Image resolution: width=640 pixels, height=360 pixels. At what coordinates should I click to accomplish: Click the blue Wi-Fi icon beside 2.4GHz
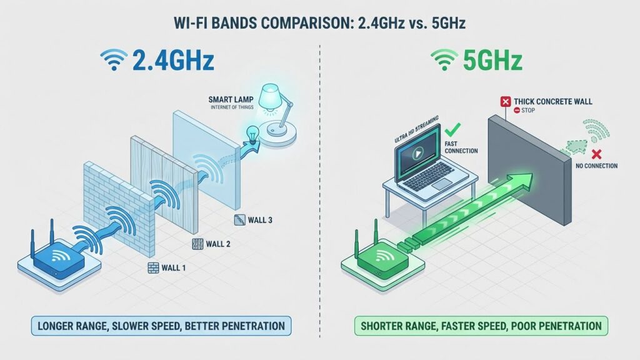114,61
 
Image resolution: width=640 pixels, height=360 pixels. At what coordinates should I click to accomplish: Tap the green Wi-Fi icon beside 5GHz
446,61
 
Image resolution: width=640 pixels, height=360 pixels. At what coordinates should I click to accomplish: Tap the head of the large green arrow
523,181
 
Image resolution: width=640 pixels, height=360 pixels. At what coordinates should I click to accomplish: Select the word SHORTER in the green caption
381,326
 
